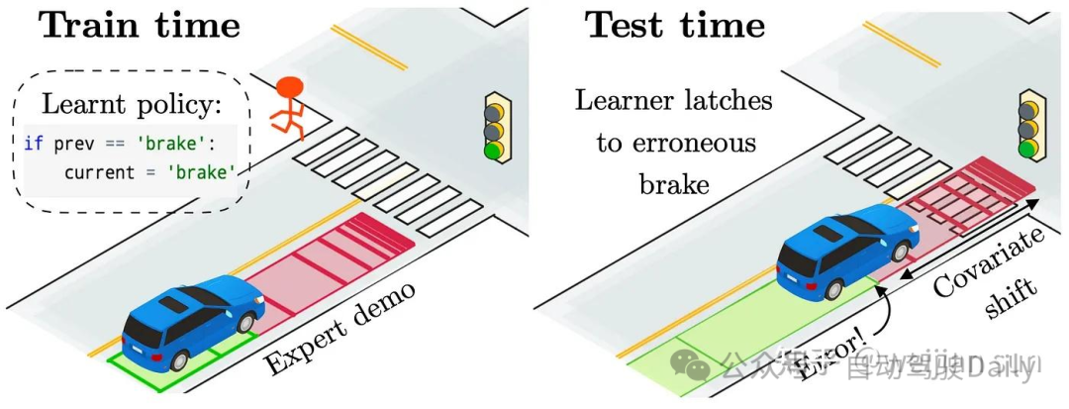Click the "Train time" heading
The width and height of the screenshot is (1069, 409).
coord(140,24)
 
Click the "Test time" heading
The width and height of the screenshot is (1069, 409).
coord(676,24)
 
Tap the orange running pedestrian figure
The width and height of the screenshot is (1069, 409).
coord(288,106)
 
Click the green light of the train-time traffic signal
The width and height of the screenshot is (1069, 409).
coord(493,151)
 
